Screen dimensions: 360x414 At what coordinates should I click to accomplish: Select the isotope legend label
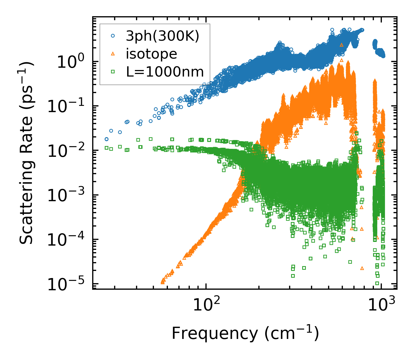pyautogui.click(x=151, y=54)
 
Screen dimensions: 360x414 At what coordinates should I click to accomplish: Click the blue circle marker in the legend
pyautogui.click(x=113, y=36)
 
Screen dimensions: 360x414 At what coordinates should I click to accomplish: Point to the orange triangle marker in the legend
pyautogui.click(x=113, y=54)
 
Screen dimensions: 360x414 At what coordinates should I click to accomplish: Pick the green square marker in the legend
pyautogui.click(x=113, y=72)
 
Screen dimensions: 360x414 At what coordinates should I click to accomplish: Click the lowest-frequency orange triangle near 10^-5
pyautogui.click(x=163, y=282)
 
